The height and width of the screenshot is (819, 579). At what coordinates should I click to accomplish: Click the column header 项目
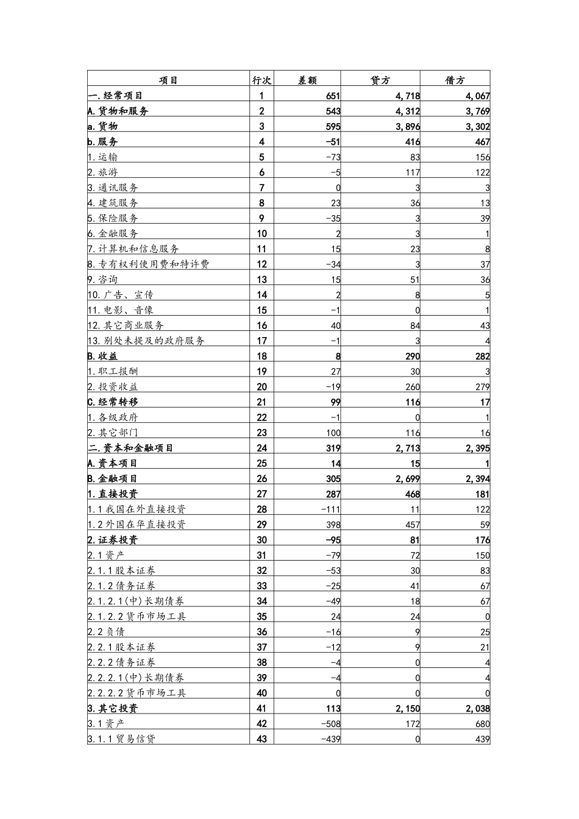point(168,80)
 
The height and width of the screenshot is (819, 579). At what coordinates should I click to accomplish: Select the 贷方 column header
point(380,80)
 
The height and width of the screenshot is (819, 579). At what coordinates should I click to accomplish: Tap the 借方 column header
point(455,80)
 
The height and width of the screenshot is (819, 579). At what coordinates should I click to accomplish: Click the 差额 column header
point(307,80)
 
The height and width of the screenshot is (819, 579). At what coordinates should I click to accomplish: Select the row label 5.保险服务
point(113,218)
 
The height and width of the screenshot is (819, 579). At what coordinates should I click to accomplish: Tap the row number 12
point(261,264)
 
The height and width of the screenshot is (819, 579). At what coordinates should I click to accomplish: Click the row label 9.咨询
point(102,279)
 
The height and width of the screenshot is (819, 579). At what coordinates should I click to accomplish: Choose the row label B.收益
point(103,356)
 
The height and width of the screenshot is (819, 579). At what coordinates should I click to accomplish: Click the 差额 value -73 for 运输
point(332,157)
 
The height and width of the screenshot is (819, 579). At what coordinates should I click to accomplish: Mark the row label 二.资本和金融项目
point(130,448)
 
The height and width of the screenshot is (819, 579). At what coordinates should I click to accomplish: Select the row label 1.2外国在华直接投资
point(137,524)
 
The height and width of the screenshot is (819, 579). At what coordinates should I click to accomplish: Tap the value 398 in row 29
point(333,524)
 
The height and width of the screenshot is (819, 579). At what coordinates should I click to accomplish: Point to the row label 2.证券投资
point(113,540)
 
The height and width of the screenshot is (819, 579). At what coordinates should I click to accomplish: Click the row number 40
point(261,693)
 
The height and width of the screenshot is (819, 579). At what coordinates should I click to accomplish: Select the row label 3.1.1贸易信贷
point(121,739)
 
